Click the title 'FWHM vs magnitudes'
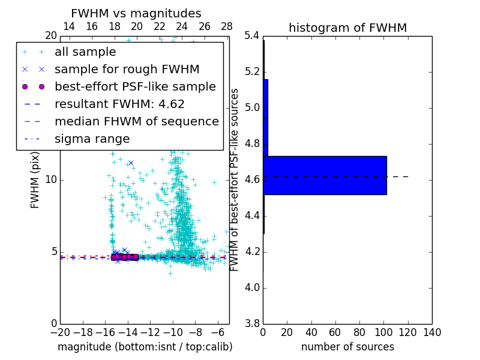click(x=136, y=13)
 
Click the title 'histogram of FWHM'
click(x=347, y=28)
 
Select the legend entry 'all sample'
click(x=85, y=52)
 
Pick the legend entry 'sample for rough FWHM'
click(x=127, y=69)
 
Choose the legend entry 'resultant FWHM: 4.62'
click(x=119, y=104)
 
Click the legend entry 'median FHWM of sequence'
click(x=136, y=121)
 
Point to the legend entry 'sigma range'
click(x=92, y=139)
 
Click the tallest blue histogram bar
click(x=325, y=175)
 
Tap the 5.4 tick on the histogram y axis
click(x=251, y=36)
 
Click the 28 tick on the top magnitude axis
click(x=227, y=26)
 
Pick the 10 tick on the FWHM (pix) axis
click(x=51, y=179)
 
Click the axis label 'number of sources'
click(x=347, y=347)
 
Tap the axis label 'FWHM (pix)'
click(x=35, y=180)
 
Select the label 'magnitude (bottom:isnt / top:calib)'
click(x=145, y=347)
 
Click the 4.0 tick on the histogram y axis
click(x=251, y=287)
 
